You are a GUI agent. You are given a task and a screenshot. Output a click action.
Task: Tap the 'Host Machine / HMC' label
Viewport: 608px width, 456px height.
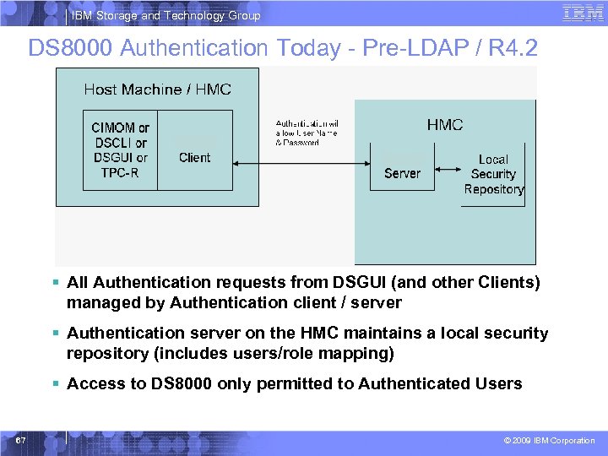157,90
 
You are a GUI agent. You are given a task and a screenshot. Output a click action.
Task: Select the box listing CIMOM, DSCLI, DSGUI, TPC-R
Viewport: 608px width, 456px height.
120,150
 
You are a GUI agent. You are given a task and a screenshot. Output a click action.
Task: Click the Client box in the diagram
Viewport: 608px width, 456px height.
195,157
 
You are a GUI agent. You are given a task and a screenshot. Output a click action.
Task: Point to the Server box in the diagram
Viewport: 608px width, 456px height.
402,173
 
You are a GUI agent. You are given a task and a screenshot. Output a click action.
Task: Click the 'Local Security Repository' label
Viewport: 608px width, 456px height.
494,174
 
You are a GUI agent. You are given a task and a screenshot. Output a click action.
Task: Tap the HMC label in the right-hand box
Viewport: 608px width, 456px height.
444,125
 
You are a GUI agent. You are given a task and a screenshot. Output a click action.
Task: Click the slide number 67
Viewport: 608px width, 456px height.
19,440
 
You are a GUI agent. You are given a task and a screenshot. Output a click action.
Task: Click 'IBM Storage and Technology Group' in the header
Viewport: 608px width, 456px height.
166,15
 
